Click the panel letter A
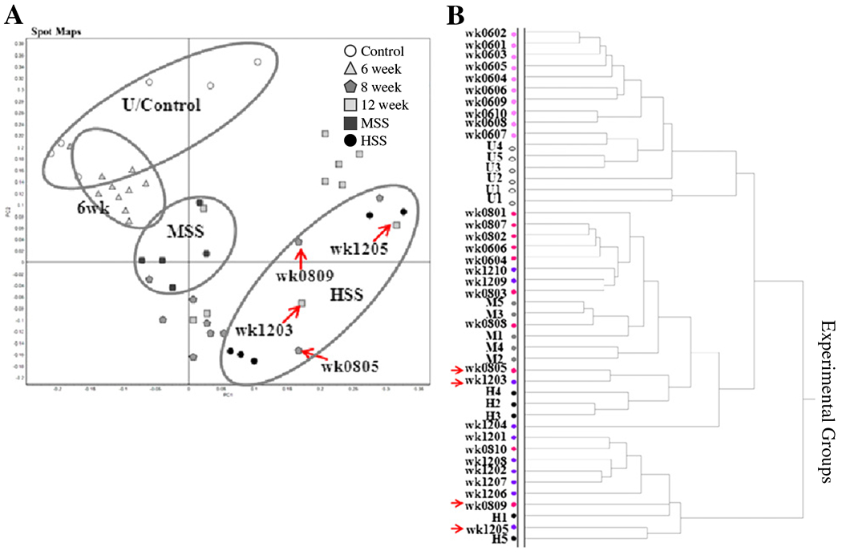[14, 13]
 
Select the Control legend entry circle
[350, 51]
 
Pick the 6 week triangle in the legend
[350, 69]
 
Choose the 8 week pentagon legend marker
[350, 87]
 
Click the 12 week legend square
[350, 105]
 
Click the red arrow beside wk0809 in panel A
[299, 259]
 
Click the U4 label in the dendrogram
[492, 146]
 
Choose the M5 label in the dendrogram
[492, 303]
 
